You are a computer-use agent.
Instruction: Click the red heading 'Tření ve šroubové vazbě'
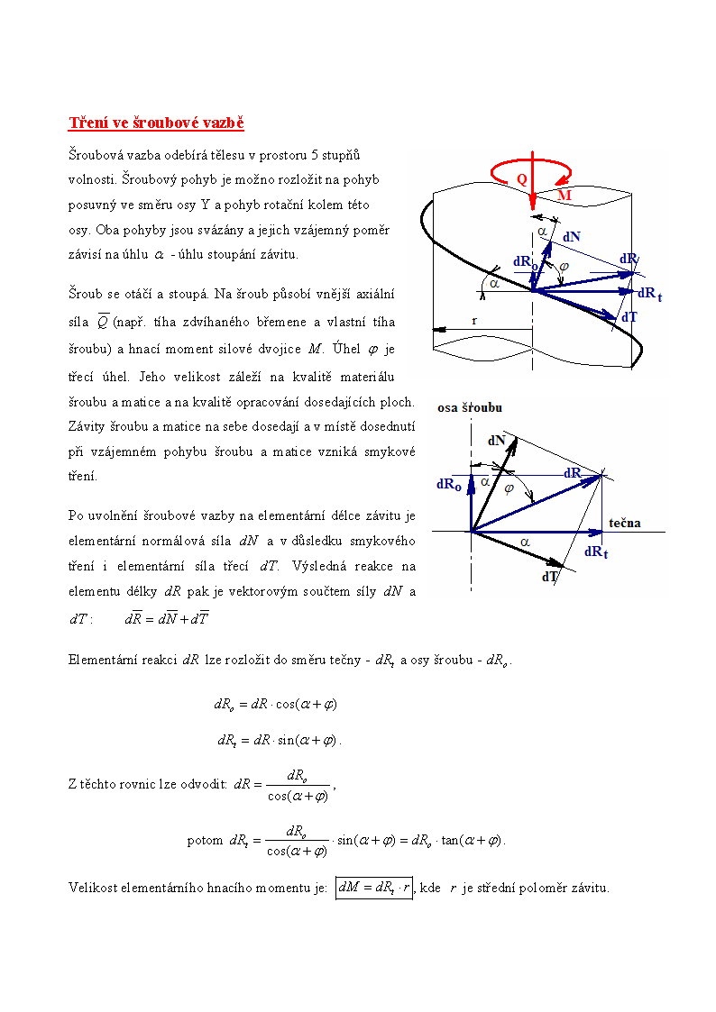157,123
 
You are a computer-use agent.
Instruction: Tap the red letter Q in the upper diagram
521,179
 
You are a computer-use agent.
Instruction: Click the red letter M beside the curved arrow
565,195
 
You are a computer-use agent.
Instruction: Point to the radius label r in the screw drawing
474,320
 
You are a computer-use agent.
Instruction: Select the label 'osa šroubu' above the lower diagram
470,407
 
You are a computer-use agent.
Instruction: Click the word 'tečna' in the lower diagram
625,523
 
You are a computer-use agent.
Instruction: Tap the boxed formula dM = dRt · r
373,888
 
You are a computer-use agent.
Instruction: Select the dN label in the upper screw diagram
572,236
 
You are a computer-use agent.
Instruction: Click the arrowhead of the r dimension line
438,330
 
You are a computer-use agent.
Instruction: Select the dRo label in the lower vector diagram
449,484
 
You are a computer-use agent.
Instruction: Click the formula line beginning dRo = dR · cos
275,704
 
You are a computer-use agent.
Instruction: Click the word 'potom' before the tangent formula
205,841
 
